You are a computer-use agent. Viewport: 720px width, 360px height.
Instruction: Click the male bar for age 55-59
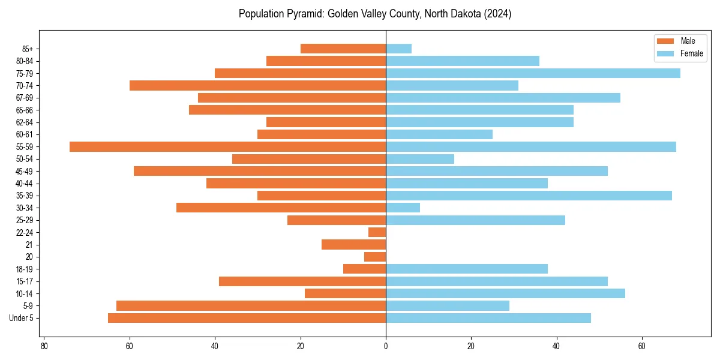(228, 146)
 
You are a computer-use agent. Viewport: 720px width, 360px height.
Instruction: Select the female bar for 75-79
(533, 73)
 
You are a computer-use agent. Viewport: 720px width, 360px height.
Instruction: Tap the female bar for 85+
(398, 49)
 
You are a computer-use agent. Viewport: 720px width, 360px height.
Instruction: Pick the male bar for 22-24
(377, 232)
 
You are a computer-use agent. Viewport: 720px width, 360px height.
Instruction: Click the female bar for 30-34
(403, 208)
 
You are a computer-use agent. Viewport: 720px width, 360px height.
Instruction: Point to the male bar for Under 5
(247, 318)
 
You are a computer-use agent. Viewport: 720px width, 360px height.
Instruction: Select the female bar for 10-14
(505, 293)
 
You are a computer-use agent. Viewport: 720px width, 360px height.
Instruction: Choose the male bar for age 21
(353, 244)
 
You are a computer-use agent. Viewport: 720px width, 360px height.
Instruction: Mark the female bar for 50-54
(420, 159)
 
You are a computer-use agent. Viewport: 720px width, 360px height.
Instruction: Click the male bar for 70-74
(257, 85)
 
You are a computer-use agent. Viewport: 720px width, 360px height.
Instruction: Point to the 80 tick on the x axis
(44, 347)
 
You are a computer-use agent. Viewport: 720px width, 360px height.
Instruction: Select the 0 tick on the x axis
(386, 347)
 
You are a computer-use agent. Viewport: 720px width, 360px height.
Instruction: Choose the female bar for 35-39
(529, 196)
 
